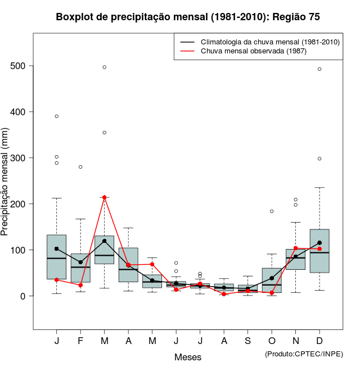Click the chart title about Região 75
(188, 17)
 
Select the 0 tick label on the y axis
(23, 296)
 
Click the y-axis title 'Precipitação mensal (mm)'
(5, 189)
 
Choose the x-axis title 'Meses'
(188, 357)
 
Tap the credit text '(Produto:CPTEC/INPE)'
(304, 354)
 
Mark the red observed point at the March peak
(105, 197)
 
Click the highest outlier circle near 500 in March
(105, 67)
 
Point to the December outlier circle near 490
(319, 69)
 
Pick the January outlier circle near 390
(57, 116)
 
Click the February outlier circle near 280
(80, 167)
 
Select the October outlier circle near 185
(272, 211)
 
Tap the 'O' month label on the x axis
(272, 341)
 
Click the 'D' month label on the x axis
(319, 341)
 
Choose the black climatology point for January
(57, 248)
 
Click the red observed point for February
(80, 285)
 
